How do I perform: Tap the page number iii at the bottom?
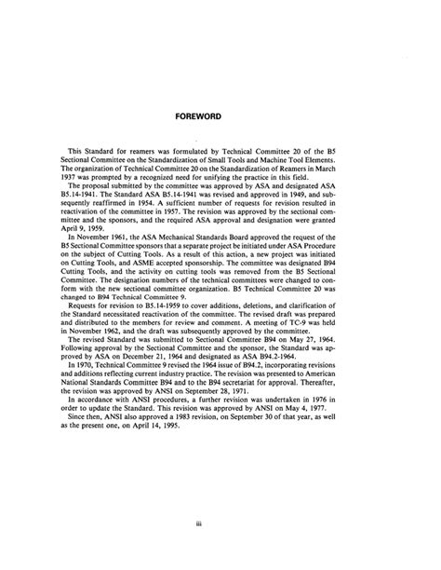(x=220, y=526)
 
